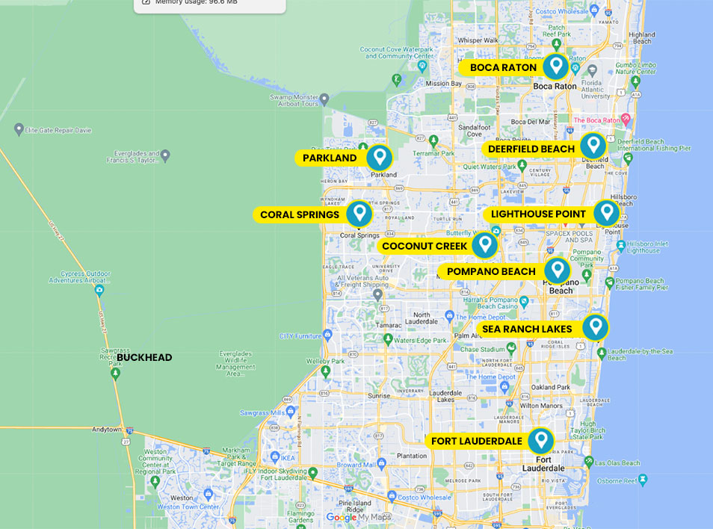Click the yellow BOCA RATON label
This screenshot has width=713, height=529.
point(503,67)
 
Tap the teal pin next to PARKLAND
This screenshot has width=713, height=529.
point(380,158)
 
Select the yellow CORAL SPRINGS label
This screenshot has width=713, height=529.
point(300,214)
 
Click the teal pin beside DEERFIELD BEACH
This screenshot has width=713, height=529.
point(593,146)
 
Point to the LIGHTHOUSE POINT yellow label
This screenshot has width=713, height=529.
point(538,214)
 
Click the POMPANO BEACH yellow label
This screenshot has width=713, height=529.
point(491,272)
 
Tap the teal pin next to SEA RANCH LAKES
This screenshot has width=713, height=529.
point(595,327)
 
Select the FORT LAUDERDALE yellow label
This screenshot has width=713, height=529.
point(477,441)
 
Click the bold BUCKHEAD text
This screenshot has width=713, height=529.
point(144,357)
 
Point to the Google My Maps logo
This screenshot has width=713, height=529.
point(359,517)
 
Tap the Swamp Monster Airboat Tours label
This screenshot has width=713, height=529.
point(294,100)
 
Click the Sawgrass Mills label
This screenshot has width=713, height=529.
point(263,413)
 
